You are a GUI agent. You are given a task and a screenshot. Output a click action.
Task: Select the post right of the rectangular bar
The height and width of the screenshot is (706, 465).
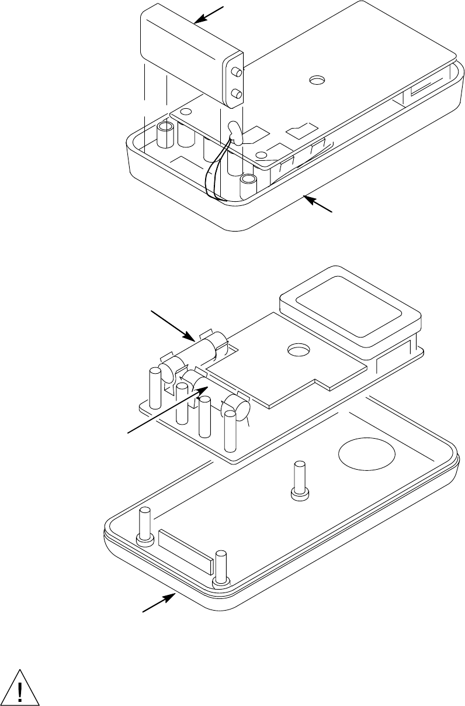tap(221, 568)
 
